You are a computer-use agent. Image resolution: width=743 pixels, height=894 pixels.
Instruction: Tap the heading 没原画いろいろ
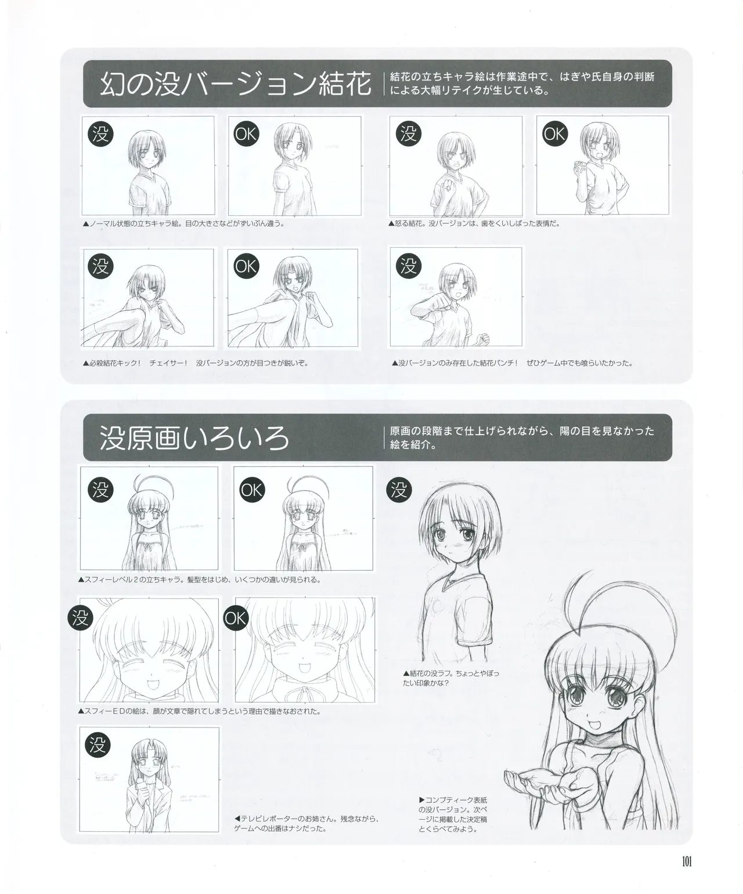194,439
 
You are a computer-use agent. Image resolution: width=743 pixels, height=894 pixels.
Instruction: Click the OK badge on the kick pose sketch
246,266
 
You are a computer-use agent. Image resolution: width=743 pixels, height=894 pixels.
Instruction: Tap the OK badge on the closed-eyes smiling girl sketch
236,618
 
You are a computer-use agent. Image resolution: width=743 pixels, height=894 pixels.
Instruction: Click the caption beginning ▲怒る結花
474,223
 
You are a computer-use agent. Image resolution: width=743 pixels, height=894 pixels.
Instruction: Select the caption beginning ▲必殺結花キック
195,363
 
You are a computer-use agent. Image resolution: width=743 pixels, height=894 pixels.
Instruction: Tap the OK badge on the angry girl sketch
554,135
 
